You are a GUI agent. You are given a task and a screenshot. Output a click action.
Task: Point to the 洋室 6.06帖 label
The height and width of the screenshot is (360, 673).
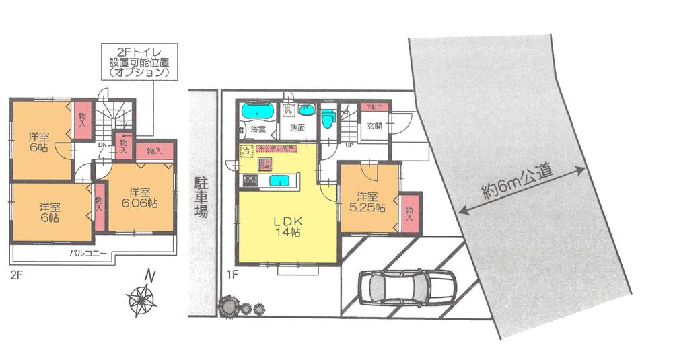point(139,196)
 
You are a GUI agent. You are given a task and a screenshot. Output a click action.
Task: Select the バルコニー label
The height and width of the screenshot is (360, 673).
point(85,254)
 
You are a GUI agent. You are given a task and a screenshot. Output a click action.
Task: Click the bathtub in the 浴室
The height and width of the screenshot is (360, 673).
point(256,110)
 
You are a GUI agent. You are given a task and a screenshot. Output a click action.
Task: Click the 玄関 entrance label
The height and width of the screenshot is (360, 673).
point(376,127)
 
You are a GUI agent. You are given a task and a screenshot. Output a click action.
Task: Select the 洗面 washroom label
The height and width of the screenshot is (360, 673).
point(297,127)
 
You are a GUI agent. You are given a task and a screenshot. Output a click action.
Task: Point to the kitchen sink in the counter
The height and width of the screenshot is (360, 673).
point(279,180)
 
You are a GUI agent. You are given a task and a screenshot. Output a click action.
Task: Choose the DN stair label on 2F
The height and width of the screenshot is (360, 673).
point(102,145)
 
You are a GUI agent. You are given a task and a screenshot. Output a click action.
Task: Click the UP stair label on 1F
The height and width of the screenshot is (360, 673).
point(349,145)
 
